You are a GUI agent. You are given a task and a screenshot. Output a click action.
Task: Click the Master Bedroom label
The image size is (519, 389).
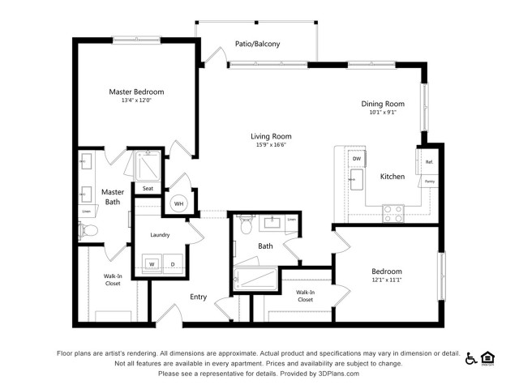[136, 92]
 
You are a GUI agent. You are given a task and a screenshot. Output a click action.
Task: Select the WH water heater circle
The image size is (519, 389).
[179, 203]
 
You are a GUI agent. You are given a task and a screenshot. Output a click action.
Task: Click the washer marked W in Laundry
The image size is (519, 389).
[151, 263]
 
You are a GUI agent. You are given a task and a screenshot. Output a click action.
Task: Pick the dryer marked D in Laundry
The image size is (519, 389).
[172, 263]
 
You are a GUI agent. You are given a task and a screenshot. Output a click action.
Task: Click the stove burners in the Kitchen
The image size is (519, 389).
[393, 213]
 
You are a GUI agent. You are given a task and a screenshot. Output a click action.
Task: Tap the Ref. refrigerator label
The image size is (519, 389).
[429, 162]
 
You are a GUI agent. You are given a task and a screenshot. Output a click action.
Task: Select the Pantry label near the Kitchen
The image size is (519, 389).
[429, 182]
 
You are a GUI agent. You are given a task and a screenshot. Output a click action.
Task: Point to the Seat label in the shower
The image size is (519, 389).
[148, 189]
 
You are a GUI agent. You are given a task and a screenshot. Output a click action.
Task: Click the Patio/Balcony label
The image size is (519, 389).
[257, 44]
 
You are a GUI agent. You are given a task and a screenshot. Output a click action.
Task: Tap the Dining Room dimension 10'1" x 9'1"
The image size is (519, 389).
[381, 113]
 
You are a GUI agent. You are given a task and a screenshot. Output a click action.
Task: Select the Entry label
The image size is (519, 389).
[199, 297]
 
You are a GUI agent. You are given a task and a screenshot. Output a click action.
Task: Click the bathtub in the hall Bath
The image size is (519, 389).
[255, 278]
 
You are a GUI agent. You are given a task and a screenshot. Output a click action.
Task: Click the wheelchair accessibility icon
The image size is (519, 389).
[470, 357]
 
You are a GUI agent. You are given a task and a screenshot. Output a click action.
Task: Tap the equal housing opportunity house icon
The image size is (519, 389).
[488, 357]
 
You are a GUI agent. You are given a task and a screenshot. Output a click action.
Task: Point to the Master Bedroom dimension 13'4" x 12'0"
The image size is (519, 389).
[136, 100]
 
